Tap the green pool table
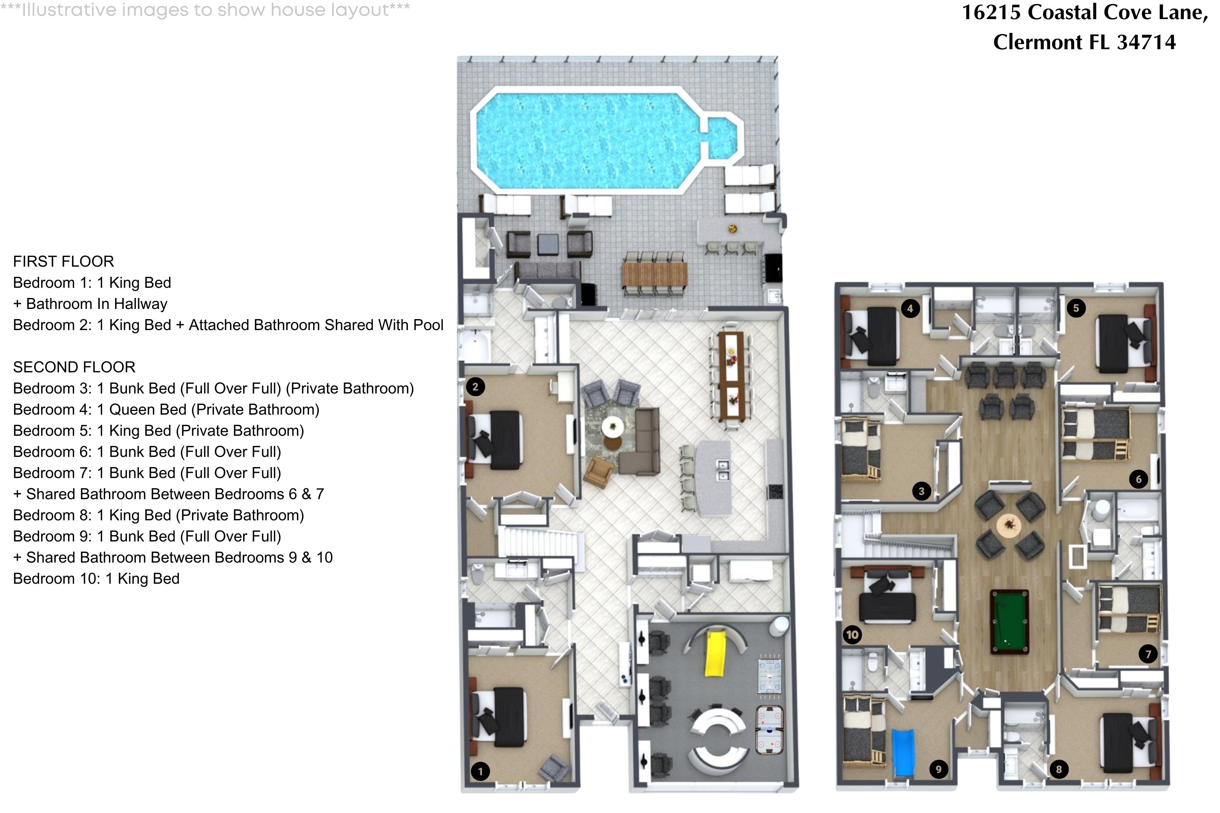point(1009,621)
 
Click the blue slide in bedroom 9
point(903,752)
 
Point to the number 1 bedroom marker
point(480,771)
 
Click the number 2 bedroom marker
point(475,387)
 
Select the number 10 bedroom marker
point(852,635)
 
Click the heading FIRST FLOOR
point(63,261)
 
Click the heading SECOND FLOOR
point(74,367)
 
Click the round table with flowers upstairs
point(1009,526)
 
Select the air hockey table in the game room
point(769,730)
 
